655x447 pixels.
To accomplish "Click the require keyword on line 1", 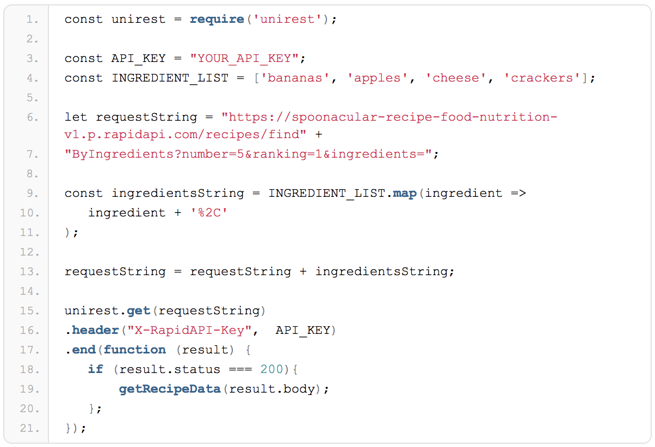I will [217, 20].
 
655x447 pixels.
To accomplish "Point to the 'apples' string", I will [381, 78].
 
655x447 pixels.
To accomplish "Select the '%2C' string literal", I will [208, 213].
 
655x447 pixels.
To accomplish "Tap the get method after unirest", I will [138, 311].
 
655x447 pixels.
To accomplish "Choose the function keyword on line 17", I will [134, 350].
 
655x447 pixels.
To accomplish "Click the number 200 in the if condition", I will [271, 370].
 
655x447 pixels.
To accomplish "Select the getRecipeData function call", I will [170, 389].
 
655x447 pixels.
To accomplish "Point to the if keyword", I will [95, 370].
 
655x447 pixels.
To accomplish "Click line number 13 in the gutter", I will [32, 272].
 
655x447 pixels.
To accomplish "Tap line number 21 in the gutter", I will [32, 429].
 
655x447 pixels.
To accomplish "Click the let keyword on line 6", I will [76, 117].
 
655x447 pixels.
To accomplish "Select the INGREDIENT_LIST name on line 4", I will [170, 78].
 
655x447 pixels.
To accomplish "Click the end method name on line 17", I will [84, 350].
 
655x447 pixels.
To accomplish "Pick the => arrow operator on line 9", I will [518, 194].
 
